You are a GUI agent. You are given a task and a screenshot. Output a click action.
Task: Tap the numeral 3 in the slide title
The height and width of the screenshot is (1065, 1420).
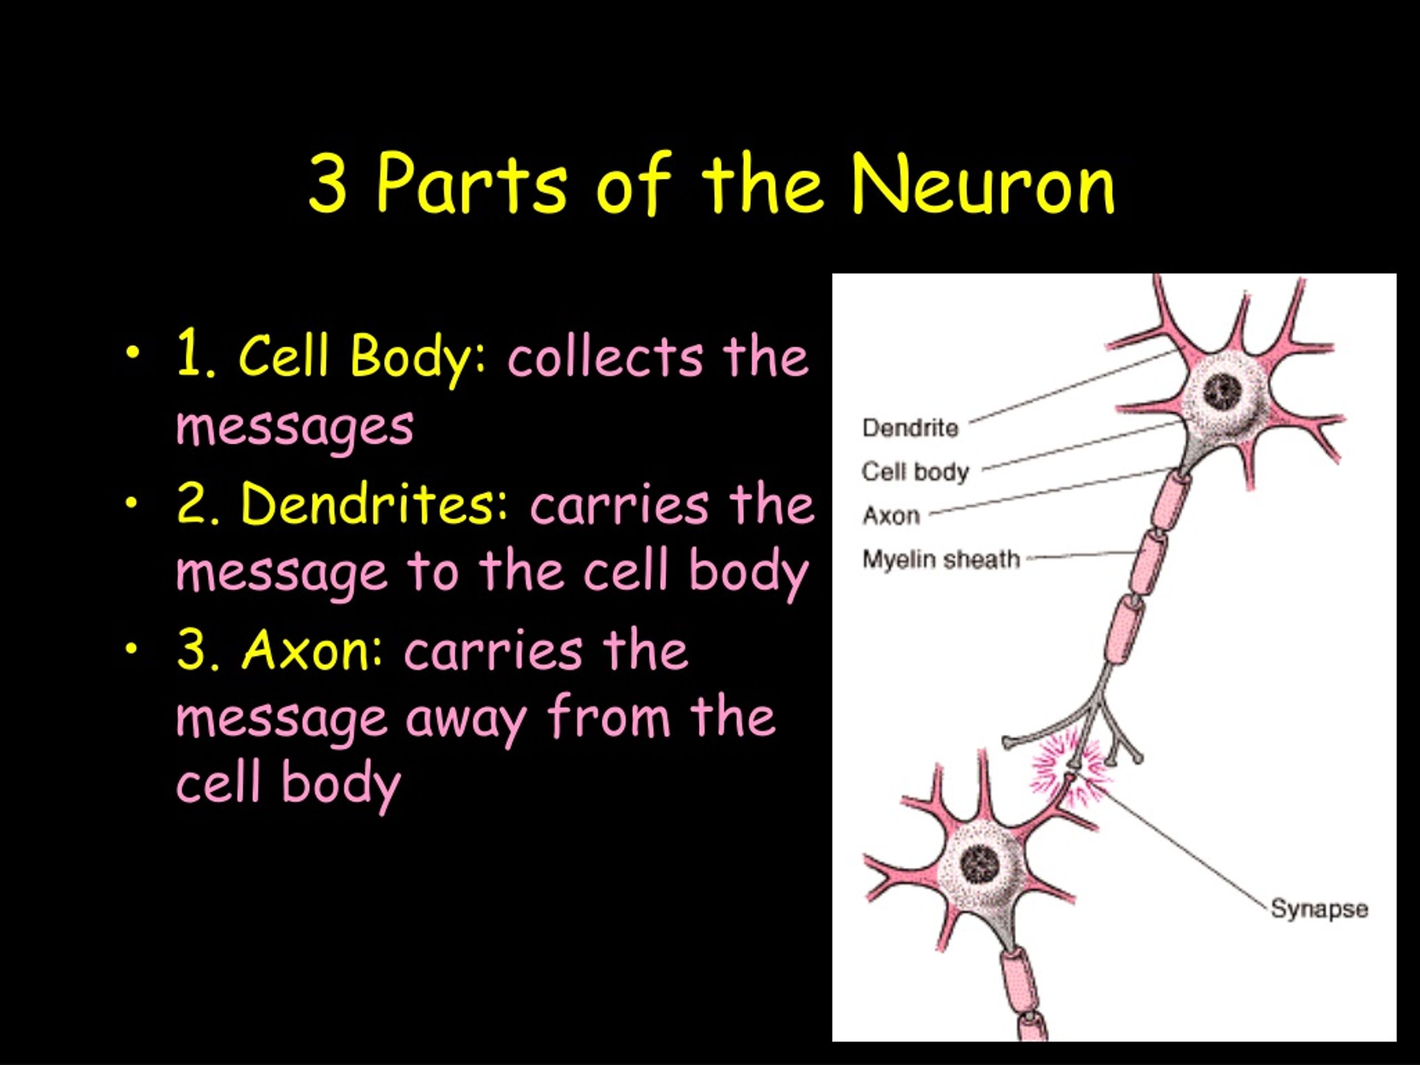coord(328,184)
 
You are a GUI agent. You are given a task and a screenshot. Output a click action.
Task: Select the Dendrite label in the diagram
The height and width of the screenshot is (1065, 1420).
coord(910,428)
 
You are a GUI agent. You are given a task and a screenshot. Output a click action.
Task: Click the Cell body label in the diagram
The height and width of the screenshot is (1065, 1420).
coord(915,472)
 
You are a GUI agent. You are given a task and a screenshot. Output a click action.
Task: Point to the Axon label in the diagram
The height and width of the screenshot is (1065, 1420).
coord(891,515)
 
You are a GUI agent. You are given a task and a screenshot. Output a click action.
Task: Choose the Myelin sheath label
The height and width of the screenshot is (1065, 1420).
coord(941,560)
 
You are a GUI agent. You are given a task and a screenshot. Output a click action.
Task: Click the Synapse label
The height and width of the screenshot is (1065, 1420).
coord(1319,910)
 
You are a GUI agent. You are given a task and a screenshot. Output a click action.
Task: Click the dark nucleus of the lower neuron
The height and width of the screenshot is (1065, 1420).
coord(980,864)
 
